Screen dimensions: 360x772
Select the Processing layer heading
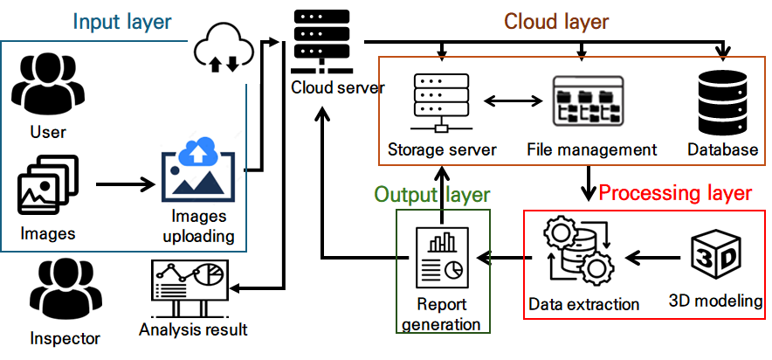pyautogui.click(x=676, y=192)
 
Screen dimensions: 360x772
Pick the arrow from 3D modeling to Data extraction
pyautogui.click(x=653, y=258)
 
